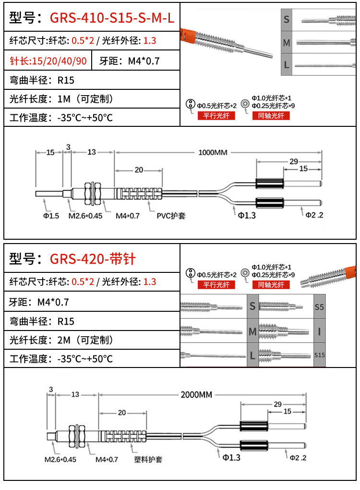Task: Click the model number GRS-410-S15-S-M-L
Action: click(x=112, y=19)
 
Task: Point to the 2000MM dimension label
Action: click(x=196, y=395)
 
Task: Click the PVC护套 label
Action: click(x=171, y=216)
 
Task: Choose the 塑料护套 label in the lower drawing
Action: click(x=148, y=459)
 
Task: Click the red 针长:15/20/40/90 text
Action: click(x=48, y=61)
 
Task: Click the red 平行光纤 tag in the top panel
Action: click(x=216, y=115)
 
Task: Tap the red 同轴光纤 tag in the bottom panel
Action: click(x=271, y=285)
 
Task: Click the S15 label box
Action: click(x=319, y=355)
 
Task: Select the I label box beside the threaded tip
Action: click(x=319, y=331)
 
